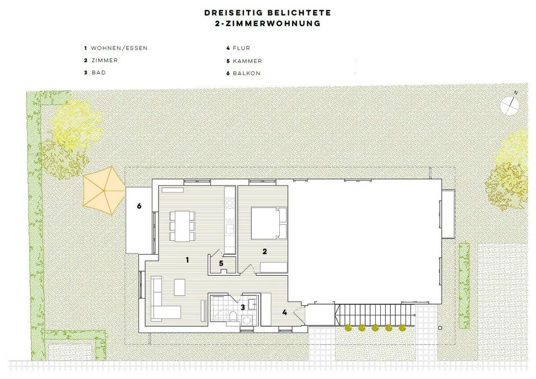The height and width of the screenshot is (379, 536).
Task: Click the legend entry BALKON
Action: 245,73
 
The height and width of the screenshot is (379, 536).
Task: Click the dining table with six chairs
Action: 181,224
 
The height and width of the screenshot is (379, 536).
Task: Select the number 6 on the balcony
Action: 139,206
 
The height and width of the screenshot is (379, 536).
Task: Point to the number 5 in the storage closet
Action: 221,263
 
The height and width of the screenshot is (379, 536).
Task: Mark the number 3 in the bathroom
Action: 242,306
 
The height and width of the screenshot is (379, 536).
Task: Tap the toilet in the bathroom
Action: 232,319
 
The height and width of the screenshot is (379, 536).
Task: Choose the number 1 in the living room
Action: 187,260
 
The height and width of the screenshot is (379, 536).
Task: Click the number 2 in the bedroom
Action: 265,252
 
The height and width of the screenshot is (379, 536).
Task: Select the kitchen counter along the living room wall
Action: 229,220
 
